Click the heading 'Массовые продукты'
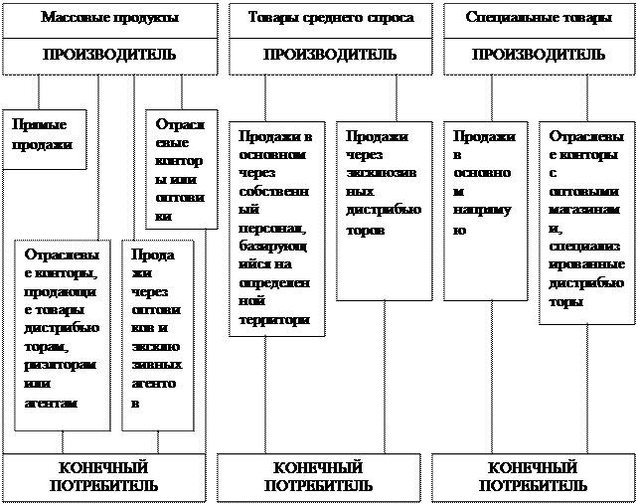tap(109, 18)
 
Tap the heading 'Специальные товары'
tap(538, 18)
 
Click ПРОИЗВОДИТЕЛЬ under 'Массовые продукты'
tap(109, 55)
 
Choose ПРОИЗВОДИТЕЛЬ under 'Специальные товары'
tap(538, 55)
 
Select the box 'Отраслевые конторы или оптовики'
tap(180, 169)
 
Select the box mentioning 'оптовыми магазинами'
tap(583, 221)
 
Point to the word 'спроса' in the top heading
tap(391, 18)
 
